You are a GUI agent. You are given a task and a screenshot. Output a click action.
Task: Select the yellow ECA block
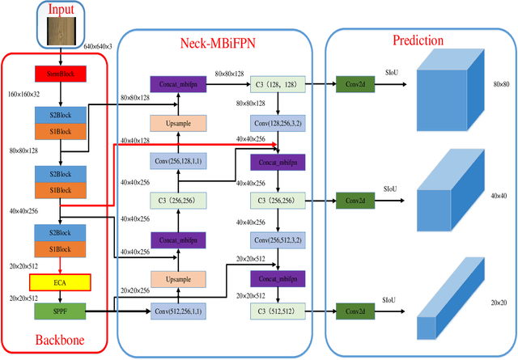coord(59,282)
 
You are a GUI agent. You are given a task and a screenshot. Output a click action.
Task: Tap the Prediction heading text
coord(418,39)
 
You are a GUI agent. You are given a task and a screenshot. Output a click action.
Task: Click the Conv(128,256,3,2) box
coord(277,123)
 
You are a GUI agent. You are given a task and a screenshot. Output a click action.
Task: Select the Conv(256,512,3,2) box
coord(277,239)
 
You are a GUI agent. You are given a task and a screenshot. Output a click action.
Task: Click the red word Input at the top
coord(59,10)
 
